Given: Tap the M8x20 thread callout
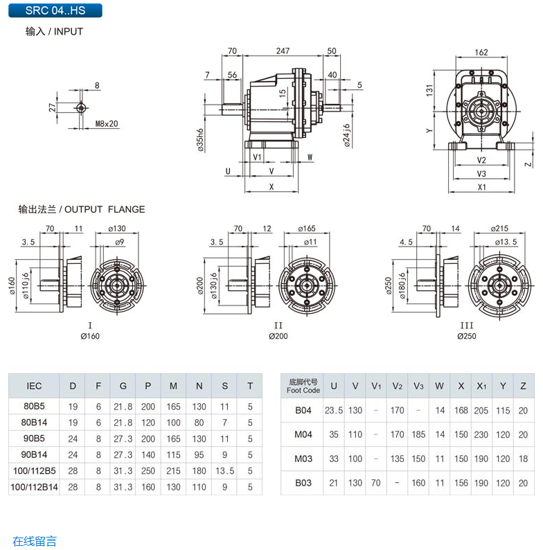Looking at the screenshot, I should pyautogui.click(x=107, y=124).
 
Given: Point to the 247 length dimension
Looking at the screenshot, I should pyautogui.click(x=283, y=51).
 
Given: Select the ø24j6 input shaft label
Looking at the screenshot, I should pyautogui.click(x=346, y=136).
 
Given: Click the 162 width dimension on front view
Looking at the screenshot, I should pyautogui.click(x=482, y=52).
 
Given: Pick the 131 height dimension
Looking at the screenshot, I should pyautogui.click(x=430, y=90).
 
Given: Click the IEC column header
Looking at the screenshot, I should pyautogui.click(x=34, y=386).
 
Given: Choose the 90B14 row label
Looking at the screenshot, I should pyautogui.click(x=34, y=454).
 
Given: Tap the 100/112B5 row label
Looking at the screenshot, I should pyautogui.click(x=34, y=471).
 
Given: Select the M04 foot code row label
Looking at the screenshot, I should pyautogui.click(x=303, y=434).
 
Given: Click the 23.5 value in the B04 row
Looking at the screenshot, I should pyautogui.click(x=334, y=410).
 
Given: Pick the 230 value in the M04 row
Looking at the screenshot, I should pyautogui.click(x=481, y=434).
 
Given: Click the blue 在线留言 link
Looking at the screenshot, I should pyautogui.click(x=35, y=541).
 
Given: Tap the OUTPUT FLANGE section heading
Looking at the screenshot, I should pyautogui.click(x=82, y=209).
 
